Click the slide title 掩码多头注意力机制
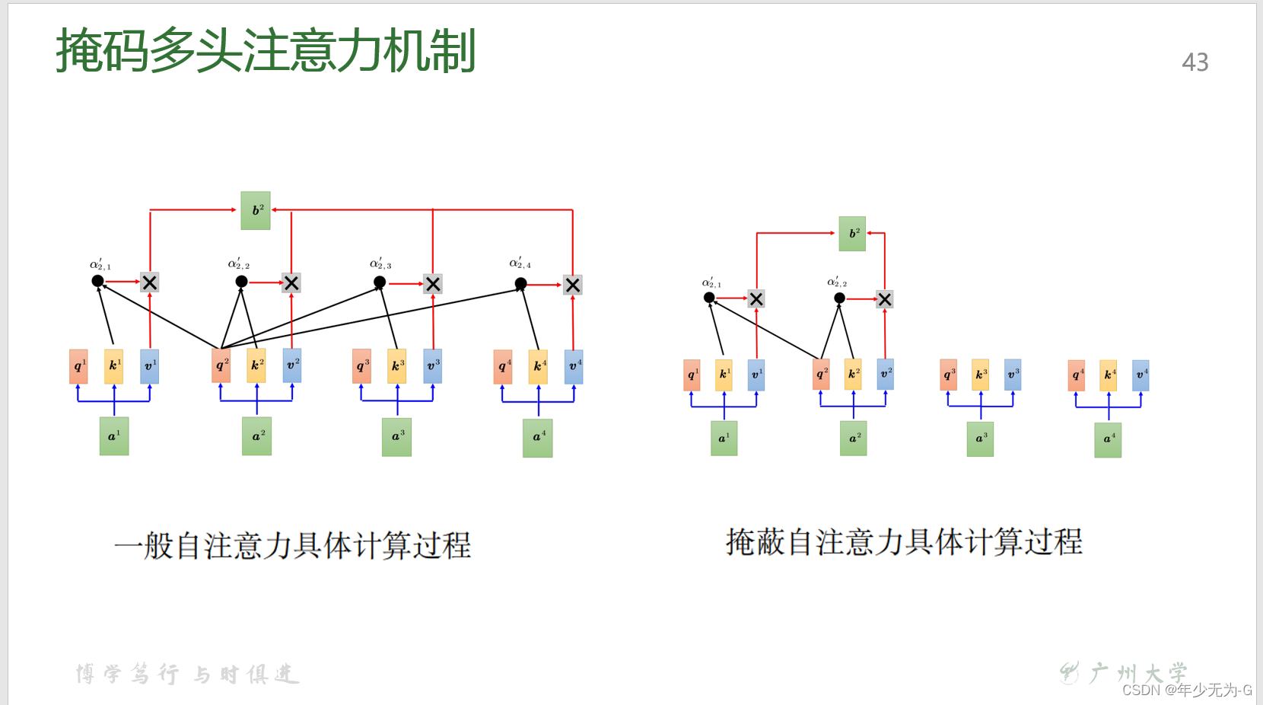266,51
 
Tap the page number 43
1195,62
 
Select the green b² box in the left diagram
256,211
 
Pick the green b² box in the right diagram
852,234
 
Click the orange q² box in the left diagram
221,365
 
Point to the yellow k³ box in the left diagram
396,365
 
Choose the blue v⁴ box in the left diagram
574,366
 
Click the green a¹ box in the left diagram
114,436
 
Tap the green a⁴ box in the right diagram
1108,439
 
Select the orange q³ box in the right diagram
948,375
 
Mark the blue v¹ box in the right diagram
756,375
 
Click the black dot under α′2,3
380,282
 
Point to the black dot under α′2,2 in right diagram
839,298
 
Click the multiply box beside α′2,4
573,285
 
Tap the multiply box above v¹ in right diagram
756,299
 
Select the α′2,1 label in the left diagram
100,265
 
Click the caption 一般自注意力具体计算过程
293,546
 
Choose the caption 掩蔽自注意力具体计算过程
904,542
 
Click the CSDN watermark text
1187,690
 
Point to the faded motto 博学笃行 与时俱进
187,674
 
